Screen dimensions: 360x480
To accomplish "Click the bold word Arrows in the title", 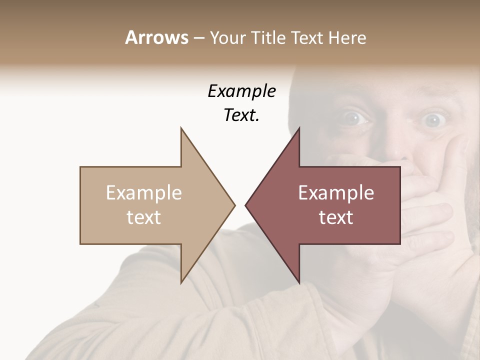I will [x=157, y=37].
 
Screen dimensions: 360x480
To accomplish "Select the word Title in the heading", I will [x=269, y=38].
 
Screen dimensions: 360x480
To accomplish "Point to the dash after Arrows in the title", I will [x=198, y=38].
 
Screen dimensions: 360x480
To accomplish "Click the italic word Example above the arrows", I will [x=241, y=91].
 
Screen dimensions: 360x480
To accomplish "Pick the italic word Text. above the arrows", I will [x=241, y=115].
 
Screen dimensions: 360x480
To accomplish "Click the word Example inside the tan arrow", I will [x=144, y=193].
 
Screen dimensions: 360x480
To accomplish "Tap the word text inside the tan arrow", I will [x=144, y=217].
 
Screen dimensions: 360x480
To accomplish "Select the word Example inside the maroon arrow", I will [x=336, y=193].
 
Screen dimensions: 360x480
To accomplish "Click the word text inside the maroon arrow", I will [x=336, y=217].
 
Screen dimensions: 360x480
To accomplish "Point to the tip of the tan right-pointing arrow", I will [x=234, y=205].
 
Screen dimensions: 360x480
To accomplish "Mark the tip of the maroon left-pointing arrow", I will [x=246, y=205].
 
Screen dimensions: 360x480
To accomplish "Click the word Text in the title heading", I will [x=306, y=38].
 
